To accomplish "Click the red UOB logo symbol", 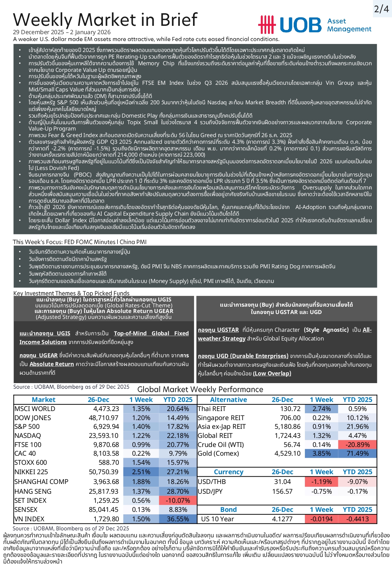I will (x=267, y=25).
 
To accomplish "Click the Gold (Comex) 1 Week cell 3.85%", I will (x=321, y=453).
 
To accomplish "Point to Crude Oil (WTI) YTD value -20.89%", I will (x=357, y=445).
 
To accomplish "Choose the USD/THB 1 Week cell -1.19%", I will (x=321, y=482).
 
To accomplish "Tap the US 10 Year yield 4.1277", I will (x=282, y=519).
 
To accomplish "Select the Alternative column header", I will (x=228, y=400).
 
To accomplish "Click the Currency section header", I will (x=228, y=472).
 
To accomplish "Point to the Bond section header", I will (x=228, y=509).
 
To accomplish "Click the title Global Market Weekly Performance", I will (x=200, y=389).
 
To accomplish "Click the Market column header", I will (x=43, y=400).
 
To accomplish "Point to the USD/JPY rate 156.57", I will (x=282, y=491).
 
